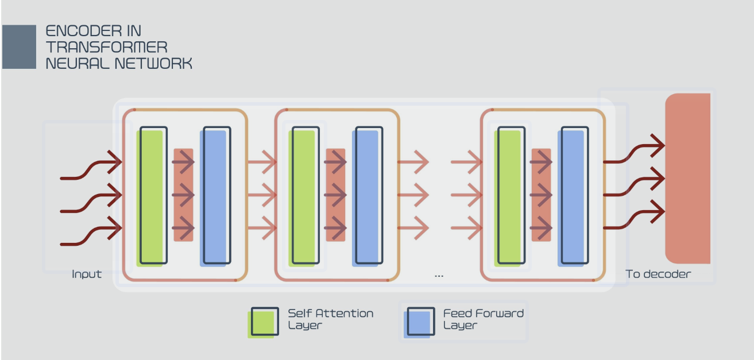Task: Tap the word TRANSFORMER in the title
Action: tap(107, 47)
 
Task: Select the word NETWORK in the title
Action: tap(153, 63)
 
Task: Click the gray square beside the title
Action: tap(19, 47)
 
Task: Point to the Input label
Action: tap(87, 274)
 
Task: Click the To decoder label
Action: tap(658, 274)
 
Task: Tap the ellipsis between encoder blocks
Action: tap(439, 276)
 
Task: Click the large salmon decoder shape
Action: tap(688, 179)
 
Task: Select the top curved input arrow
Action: tap(91, 167)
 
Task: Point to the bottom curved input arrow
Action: tap(91, 233)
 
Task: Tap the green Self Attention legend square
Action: tap(263, 322)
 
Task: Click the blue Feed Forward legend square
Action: tap(419, 322)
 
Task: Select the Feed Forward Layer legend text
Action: tap(484, 319)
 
